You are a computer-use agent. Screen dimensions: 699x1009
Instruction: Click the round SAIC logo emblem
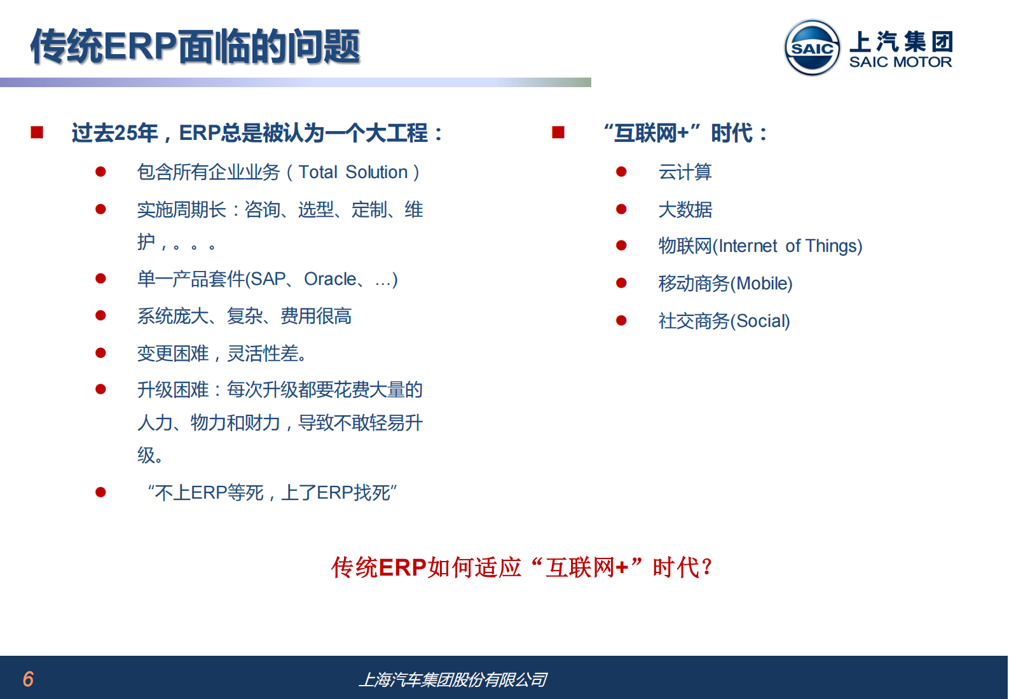tap(812, 48)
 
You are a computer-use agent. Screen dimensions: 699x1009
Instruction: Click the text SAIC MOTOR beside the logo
tap(900, 62)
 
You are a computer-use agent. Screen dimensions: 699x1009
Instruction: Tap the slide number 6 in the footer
tap(28, 679)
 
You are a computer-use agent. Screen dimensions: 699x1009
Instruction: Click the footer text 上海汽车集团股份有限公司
tap(453, 680)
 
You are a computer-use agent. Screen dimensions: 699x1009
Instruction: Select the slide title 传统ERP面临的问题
tap(195, 46)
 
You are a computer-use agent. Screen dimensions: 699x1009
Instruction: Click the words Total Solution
tap(353, 172)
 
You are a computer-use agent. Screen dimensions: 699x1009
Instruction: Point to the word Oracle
tap(330, 279)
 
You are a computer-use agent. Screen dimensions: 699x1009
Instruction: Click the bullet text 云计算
tap(685, 172)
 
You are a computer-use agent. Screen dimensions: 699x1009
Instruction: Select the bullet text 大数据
tap(685, 209)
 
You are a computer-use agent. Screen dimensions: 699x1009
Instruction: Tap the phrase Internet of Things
tap(788, 246)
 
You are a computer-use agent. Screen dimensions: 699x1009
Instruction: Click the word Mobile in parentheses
tap(764, 284)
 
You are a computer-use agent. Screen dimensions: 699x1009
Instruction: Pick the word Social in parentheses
tap(760, 321)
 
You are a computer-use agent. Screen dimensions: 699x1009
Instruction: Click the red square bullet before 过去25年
tap(37, 132)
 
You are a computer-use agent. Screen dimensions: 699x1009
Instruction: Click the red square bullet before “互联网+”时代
tap(558, 132)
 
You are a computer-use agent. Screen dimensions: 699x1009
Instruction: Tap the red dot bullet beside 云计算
tap(621, 172)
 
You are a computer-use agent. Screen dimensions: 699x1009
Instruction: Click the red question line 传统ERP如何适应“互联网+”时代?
tap(521, 567)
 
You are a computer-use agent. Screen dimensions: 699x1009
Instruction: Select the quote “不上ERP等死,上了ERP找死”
tap(272, 493)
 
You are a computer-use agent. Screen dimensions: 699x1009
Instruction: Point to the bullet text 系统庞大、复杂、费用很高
tap(244, 316)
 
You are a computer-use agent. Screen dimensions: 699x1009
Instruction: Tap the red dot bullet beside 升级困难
tap(100, 389)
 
